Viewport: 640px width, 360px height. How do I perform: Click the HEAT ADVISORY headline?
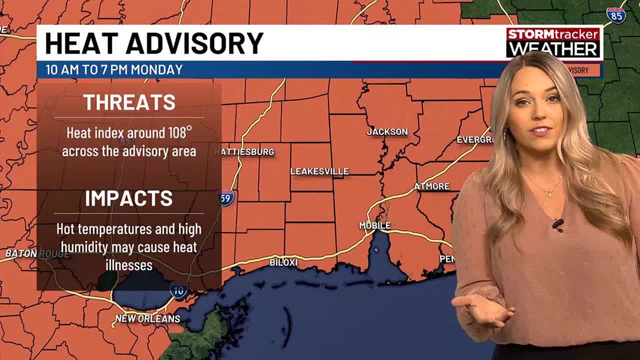(x=154, y=43)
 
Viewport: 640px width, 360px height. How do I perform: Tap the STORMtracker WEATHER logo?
(x=553, y=43)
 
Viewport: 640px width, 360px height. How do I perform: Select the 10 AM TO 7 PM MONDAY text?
(x=114, y=69)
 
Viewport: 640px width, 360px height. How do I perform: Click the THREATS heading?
(x=129, y=102)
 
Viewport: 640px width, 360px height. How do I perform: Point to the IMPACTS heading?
(x=129, y=198)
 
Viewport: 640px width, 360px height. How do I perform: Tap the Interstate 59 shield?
(x=226, y=196)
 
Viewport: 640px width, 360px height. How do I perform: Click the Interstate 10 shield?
(x=178, y=289)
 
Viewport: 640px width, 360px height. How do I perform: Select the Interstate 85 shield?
(x=616, y=15)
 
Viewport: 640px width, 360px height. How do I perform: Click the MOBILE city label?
(x=374, y=226)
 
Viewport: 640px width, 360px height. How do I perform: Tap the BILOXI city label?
(x=283, y=262)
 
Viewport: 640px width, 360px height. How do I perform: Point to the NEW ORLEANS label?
(x=147, y=318)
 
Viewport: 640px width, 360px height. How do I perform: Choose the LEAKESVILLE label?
(x=319, y=171)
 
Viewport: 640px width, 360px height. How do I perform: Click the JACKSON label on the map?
(x=387, y=132)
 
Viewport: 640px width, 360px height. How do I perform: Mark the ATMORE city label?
(x=431, y=186)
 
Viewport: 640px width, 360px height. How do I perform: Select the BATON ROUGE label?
(x=37, y=253)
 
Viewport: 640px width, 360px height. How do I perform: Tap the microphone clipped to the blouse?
(x=558, y=224)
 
